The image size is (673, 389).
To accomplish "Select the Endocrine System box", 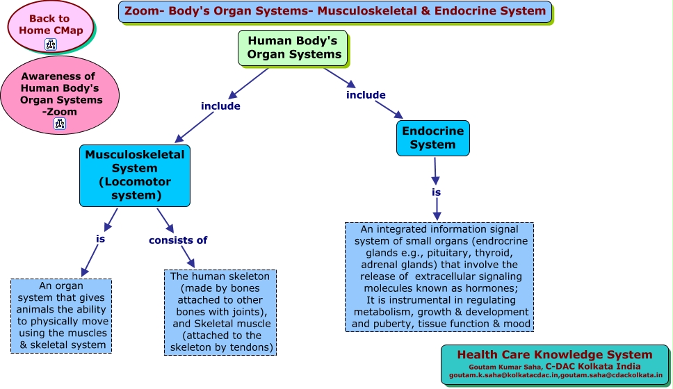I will pos(432,138).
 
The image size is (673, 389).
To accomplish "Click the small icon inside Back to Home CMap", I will pos(51,44).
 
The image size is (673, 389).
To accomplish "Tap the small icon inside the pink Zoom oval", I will pos(60,124).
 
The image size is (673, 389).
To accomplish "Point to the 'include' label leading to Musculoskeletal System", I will pos(220,106).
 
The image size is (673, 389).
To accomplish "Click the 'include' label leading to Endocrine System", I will pos(366,95).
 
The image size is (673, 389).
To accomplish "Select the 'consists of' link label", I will pos(178,240).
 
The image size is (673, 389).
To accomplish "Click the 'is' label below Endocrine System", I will pos(436,192).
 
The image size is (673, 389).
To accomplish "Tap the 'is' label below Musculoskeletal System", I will pos(100,238).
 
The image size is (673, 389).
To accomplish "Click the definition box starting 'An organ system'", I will pos(60,315).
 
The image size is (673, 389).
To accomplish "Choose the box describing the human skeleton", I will pos(220,312).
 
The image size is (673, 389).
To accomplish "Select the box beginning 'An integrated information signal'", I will pos(439,276).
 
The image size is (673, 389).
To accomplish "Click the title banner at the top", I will pos(335,11).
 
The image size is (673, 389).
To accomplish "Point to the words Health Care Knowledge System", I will pos(554,355).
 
